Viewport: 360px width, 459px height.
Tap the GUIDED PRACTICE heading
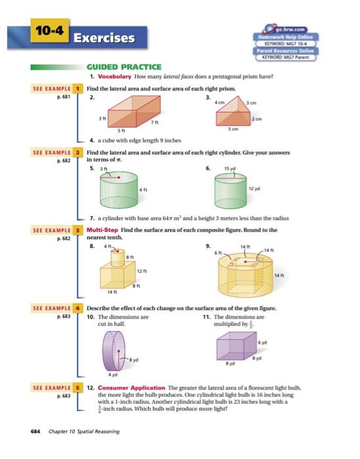click(125, 66)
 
